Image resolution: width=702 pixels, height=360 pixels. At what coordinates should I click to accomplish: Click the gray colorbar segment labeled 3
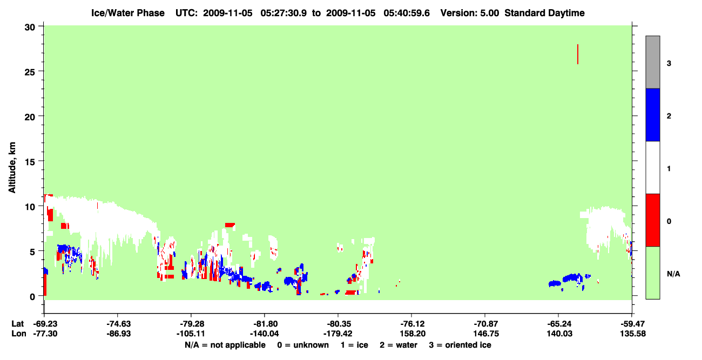tap(652, 62)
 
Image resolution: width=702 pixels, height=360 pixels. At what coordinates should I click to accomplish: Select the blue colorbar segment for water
tap(652, 114)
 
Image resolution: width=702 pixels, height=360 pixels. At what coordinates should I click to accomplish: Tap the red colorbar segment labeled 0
tap(652, 220)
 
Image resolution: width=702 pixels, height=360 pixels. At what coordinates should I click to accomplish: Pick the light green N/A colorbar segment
tap(652, 273)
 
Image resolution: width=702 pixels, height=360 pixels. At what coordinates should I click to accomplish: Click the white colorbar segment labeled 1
tap(652, 167)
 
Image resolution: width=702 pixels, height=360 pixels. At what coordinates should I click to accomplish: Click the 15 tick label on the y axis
tap(30, 162)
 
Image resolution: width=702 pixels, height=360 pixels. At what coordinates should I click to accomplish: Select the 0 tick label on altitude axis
tap(32, 297)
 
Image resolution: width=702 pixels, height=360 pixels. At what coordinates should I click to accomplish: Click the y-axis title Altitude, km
tap(12, 168)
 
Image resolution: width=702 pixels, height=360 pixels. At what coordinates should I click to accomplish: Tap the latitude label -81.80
tap(265, 324)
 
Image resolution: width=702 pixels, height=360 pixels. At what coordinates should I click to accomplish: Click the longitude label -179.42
tap(338, 334)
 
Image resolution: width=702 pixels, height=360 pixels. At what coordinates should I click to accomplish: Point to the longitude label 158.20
tap(413, 334)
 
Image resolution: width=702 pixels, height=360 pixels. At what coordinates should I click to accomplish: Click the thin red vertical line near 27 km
tap(578, 54)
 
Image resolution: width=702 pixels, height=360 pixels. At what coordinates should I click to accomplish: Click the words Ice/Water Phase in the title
tap(128, 13)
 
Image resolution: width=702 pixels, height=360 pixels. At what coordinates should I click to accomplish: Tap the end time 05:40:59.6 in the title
tap(407, 13)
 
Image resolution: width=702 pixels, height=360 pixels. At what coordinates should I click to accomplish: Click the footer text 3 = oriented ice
tap(460, 345)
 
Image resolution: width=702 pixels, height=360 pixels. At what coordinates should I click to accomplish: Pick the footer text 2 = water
tap(399, 345)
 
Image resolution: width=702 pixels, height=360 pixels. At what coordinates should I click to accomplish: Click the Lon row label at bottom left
tap(19, 334)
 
